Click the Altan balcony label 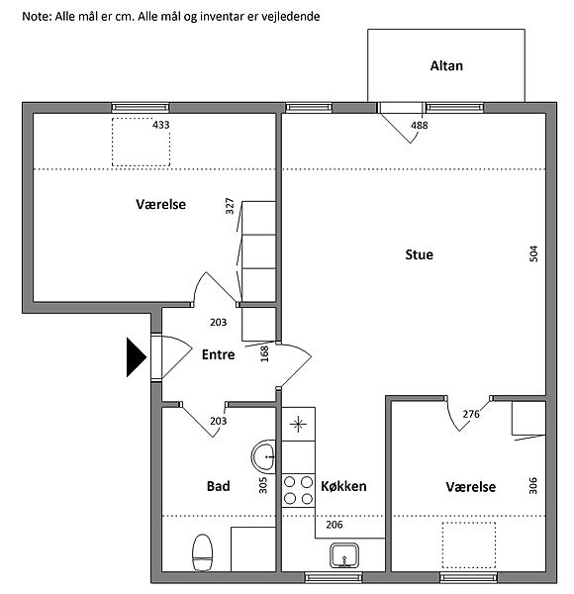(446, 66)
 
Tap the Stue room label (420, 254)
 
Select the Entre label (218, 354)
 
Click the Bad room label (218, 486)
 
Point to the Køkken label (343, 486)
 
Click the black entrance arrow (136, 357)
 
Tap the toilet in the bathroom (202, 552)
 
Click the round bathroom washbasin (263, 456)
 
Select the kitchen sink (344, 555)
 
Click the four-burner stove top (298, 490)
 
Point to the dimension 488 (420, 125)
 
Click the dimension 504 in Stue (533, 253)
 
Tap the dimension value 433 (161, 125)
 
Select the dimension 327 (230, 206)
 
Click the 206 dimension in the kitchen (335, 525)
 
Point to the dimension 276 (471, 414)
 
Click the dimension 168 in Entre (264, 353)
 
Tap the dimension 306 (532, 486)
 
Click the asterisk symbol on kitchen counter (298, 425)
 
